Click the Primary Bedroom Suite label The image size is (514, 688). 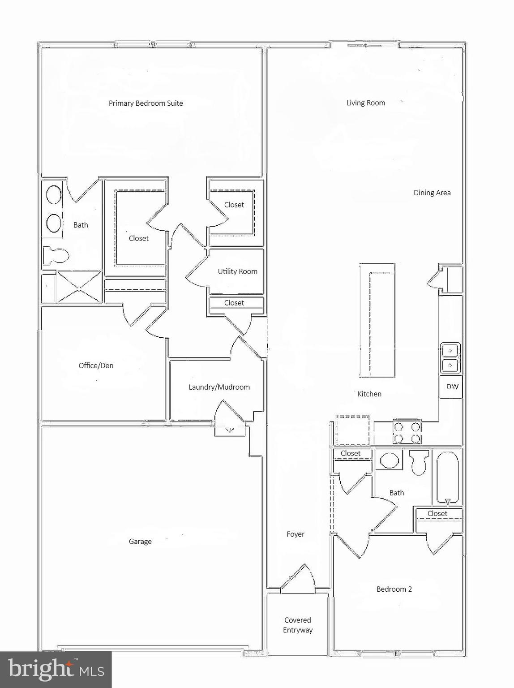[x=146, y=103]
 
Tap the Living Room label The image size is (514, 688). [x=365, y=103]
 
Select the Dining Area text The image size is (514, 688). [x=432, y=193]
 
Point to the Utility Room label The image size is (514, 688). [x=237, y=271]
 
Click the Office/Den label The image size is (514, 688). [x=96, y=365]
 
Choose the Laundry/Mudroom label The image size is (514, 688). [x=219, y=387]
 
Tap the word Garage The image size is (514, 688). [x=140, y=542]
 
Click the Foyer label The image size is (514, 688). [x=295, y=534]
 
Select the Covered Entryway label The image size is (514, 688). [x=298, y=625]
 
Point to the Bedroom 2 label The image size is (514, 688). [x=394, y=589]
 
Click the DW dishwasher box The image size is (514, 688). [x=451, y=387]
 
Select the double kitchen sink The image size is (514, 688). [x=450, y=358]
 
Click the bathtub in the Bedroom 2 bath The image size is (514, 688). [x=448, y=477]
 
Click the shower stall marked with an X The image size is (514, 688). [x=78, y=288]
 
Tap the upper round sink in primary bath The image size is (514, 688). [x=54, y=195]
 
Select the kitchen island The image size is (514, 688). [x=377, y=321]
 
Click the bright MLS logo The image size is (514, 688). [x=56, y=669]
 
